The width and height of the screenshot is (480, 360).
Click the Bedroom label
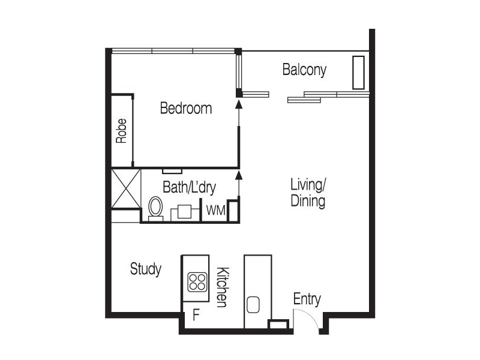[185, 109]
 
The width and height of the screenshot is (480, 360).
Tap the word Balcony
[304, 70]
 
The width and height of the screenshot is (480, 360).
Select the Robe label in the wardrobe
[122, 130]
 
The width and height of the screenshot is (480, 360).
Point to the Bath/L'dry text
[189, 188]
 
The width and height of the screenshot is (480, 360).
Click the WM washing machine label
[215, 211]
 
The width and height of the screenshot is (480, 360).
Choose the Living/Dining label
[308, 192]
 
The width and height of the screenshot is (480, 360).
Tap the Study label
[146, 269]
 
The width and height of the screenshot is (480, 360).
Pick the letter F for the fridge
[195, 314]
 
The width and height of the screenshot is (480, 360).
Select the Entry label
[307, 299]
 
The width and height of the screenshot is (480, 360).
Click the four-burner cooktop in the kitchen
[197, 282]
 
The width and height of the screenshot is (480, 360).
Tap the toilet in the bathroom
[155, 208]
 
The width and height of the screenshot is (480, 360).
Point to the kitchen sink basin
[253, 304]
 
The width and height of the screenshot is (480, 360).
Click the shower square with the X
[126, 188]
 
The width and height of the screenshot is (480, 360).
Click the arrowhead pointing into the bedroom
[239, 104]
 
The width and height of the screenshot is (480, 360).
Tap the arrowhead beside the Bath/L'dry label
[239, 175]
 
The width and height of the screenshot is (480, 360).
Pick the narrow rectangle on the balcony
[359, 73]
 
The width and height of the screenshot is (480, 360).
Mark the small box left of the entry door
[278, 325]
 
